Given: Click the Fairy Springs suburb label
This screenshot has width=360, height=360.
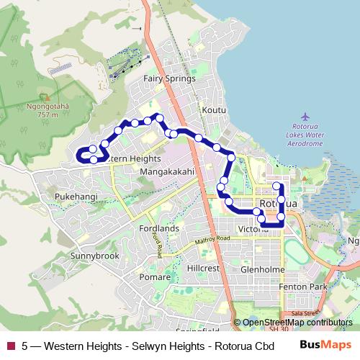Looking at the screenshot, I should pos(169,78).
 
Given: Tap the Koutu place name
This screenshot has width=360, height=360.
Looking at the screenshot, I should pos(215,109).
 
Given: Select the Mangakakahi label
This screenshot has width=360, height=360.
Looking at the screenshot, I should pos(167,172).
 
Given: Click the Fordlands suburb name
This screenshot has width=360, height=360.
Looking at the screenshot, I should pos(159,228).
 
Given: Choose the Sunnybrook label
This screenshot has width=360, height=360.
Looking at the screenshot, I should pos(95,256).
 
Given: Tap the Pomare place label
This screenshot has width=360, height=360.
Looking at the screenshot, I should pos(155,276).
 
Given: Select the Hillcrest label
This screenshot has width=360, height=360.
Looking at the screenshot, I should pos(203,267).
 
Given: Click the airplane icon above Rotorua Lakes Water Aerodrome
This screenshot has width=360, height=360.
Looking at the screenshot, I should pos(305,117).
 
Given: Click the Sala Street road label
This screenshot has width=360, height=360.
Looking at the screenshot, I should pos(305,313).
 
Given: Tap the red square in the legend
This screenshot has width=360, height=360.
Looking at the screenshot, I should pos(10,346).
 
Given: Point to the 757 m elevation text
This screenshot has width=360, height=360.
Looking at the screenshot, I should pos(48,114).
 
